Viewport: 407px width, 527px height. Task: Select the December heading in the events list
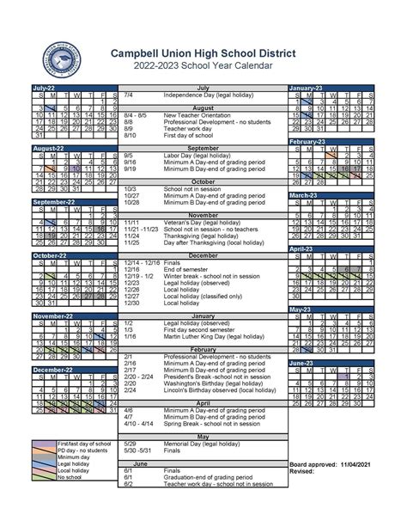coord(203,255)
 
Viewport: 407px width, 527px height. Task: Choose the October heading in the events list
coord(203,181)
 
